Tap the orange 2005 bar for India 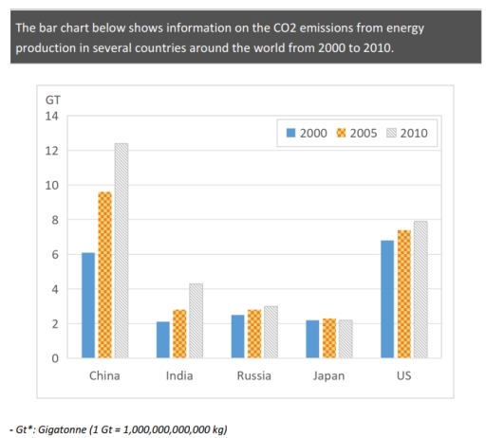pyautogui.click(x=179, y=334)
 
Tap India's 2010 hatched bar pyautogui.click(x=195, y=320)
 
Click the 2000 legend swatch pyautogui.click(x=290, y=133)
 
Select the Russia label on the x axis pyautogui.click(x=254, y=375)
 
